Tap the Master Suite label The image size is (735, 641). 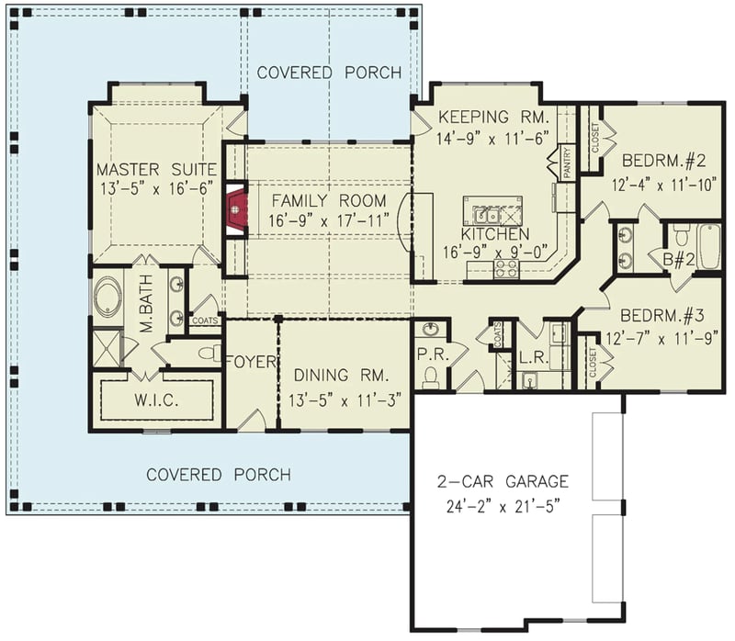(x=156, y=170)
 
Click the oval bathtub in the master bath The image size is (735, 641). (x=106, y=298)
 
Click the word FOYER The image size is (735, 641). (x=251, y=362)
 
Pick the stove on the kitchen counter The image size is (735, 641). (x=505, y=268)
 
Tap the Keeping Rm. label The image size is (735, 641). (x=492, y=117)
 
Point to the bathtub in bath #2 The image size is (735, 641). (x=708, y=245)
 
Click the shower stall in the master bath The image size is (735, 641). (x=107, y=347)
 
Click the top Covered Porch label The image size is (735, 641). (x=328, y=73)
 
